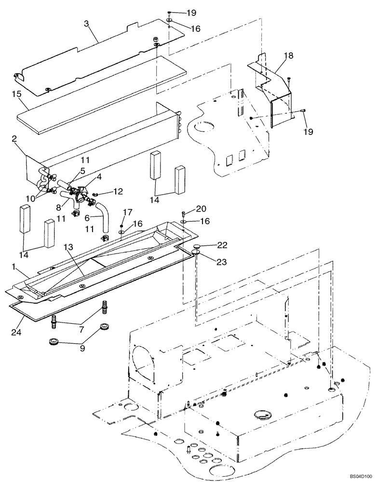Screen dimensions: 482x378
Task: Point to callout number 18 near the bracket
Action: tap(288, 56)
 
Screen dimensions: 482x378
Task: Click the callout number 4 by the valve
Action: tap(99, 177)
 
